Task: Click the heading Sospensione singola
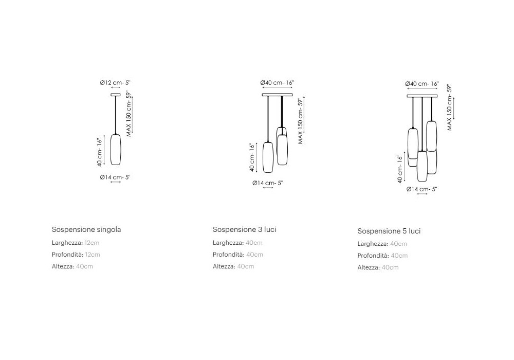pos(86,229)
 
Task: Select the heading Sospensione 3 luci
pos(244,229)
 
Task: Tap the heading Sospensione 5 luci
pos(389,231)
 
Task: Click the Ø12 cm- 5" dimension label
pos(115,82)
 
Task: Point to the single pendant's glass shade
pos(116,150)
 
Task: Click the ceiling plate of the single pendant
pos(116,94)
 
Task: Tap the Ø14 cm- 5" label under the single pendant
pos(115,177)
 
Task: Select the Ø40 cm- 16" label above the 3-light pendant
pos(277,82)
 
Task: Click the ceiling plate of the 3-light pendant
pos(277,95)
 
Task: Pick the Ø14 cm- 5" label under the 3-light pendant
pos(267,183)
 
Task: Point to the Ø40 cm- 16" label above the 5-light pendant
pos(422,83)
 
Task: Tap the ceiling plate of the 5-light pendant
pos(422,96)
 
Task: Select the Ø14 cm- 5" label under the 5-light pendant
pos(421,189)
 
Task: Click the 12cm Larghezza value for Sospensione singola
pos(92,242)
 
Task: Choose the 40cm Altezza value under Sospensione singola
pos(84,266)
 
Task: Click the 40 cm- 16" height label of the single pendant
pos(100,151)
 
